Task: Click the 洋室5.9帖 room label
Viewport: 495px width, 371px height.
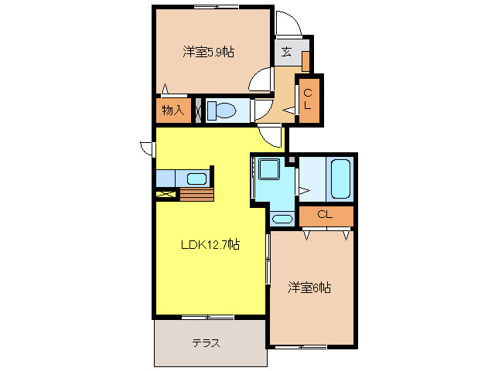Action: click(x=209, y=52)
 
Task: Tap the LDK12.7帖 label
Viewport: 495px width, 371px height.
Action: click(x=210, y=245)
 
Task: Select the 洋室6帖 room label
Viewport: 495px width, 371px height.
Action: click(x=309, y=288)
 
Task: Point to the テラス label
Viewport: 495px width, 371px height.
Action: click(x=206, y=343)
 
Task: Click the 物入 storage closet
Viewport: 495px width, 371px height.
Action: click(x=172, y=110)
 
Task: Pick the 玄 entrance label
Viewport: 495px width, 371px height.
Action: click(x=286, y=52)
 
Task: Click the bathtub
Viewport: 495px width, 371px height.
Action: click(x=341, y=179)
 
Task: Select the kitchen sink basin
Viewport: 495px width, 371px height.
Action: click(x=196, y=179)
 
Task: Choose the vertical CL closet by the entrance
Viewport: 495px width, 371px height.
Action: click(x=308, y=99)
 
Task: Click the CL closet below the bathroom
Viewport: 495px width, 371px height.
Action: click(x=326, y=215)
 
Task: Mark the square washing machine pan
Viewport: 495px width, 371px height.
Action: click(x=270, y=169)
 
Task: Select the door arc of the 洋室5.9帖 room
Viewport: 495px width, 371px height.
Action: click(x=261, y=80)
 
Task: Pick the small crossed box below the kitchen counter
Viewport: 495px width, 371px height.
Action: click(x=166, y=194)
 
